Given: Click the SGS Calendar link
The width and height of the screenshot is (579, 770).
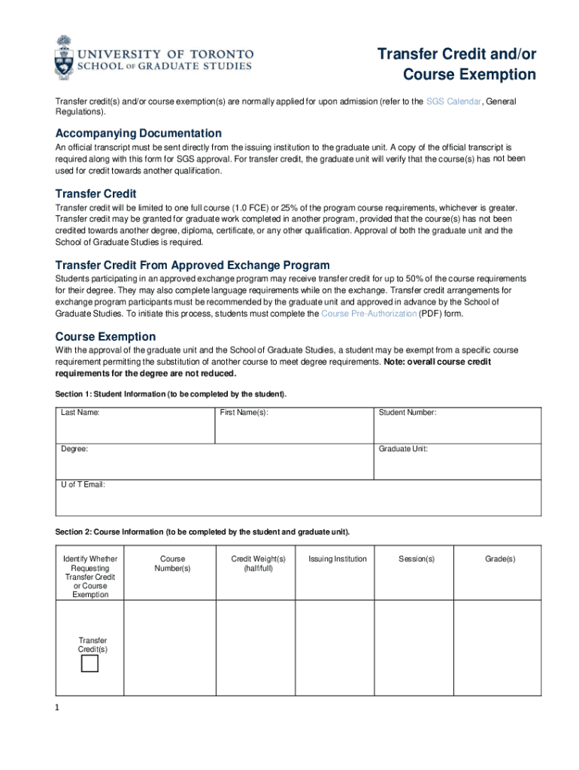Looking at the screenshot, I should pos(453,102).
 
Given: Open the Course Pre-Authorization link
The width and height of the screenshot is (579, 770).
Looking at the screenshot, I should pos(368,314).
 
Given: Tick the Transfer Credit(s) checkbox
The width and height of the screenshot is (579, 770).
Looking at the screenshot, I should pos(90,663).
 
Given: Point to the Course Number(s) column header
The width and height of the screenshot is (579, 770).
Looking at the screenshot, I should pos(173,564).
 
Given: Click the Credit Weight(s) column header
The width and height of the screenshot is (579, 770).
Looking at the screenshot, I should pos(258,564).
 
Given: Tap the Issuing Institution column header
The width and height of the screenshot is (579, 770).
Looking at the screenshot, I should pos(338,559).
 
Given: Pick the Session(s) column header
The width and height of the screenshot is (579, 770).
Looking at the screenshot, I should pos(417,559).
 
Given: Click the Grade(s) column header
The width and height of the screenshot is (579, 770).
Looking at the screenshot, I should pos(500,559).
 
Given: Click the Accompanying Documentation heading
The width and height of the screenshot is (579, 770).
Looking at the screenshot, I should pos(138,133).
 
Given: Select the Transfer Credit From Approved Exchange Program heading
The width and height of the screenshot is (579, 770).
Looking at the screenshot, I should pos(192,265).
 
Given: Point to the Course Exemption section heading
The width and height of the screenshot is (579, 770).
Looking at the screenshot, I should pos(105,336).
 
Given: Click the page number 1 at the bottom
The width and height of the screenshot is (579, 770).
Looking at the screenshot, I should pos(58,708).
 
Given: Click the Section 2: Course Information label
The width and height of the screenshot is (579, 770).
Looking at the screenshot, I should pos(202,532).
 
